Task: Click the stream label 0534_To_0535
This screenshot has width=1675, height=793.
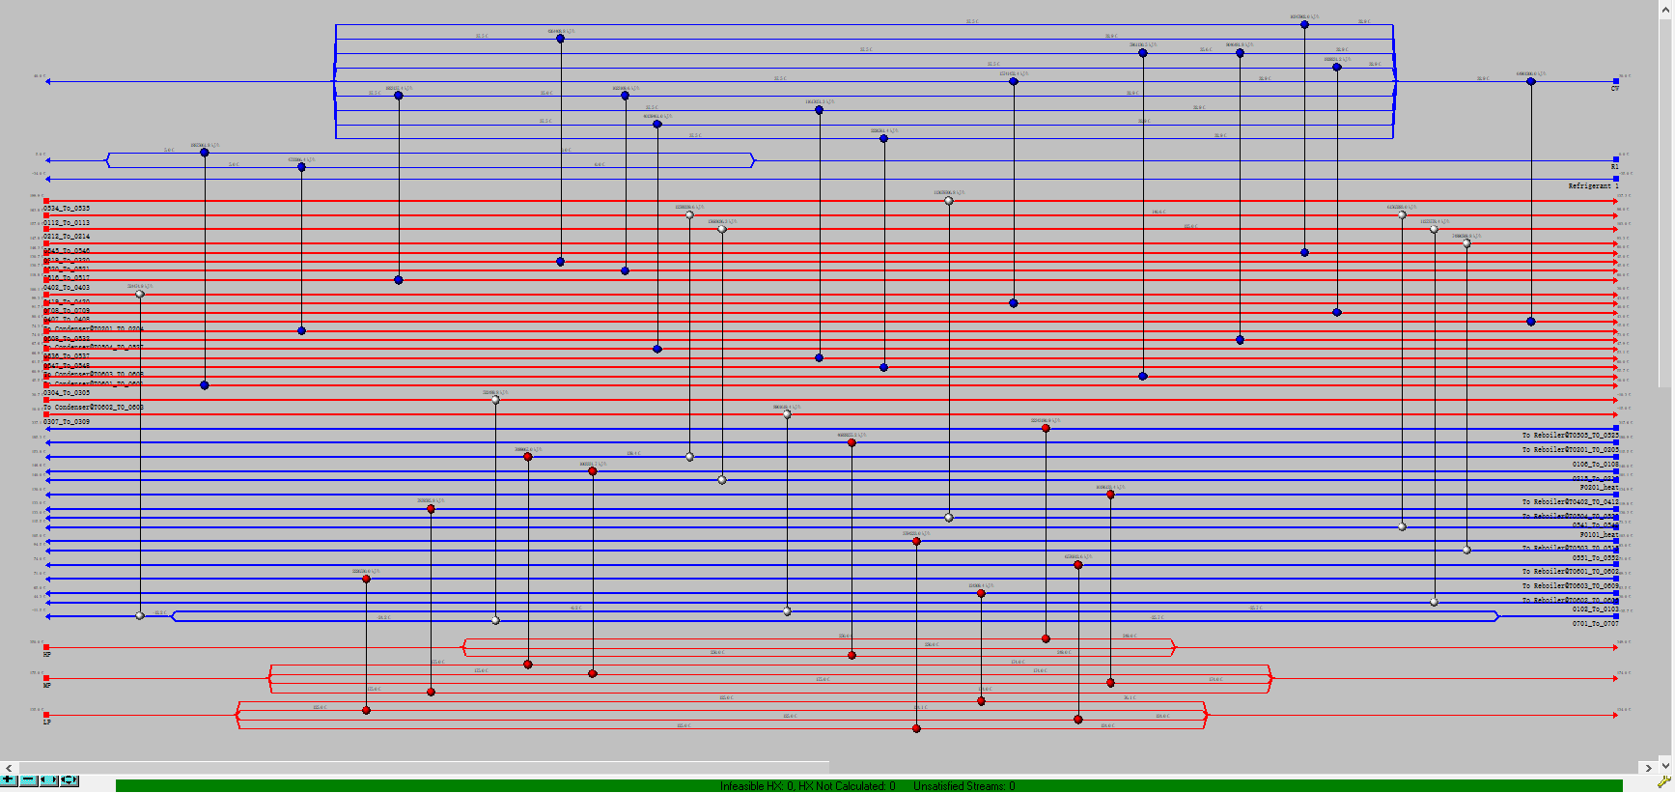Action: (67, 209)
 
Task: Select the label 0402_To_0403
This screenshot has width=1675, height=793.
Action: (67, 288)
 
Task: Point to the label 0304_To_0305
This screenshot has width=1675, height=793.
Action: (67, 393)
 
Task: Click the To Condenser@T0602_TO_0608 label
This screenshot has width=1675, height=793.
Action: (94, 408)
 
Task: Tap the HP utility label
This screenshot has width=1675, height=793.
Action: (47, 655)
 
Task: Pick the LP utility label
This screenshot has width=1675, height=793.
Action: (47, 722)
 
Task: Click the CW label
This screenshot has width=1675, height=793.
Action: (1615, 89)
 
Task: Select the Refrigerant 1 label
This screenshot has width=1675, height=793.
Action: (1593, 185)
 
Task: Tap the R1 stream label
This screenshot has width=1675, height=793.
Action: (1615, 167)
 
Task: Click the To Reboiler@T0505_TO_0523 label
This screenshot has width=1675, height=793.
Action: (1571, 436)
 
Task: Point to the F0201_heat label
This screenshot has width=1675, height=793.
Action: (1599, 488)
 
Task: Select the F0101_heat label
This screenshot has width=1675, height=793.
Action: (1599, 535)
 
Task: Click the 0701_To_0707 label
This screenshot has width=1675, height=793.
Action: (1595, 624)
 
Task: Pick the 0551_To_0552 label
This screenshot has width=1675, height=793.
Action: (1595, 558)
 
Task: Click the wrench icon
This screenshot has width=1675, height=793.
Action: (1663, 781)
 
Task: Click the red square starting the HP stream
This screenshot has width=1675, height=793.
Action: (46, 647)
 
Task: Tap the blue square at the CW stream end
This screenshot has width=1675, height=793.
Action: (1616, 81)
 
